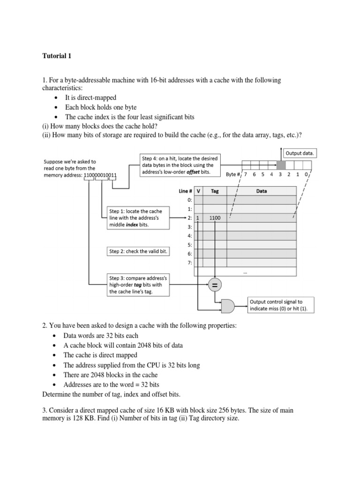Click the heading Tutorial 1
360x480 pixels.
point(57,56)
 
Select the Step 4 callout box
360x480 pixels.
point(180,165)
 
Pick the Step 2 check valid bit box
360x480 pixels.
point(138,251)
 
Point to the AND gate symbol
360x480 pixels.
point(228,306)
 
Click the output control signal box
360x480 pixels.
point(280,305)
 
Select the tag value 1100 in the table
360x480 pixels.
point(215,218)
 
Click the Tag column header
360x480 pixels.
point(215,191)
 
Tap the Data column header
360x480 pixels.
point(261,191)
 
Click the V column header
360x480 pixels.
point(198,191)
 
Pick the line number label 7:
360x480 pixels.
point(189,262)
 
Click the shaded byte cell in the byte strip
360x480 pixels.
point(280,165)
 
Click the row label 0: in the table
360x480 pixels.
point(189,200)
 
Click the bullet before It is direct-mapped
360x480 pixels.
point(56,98)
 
